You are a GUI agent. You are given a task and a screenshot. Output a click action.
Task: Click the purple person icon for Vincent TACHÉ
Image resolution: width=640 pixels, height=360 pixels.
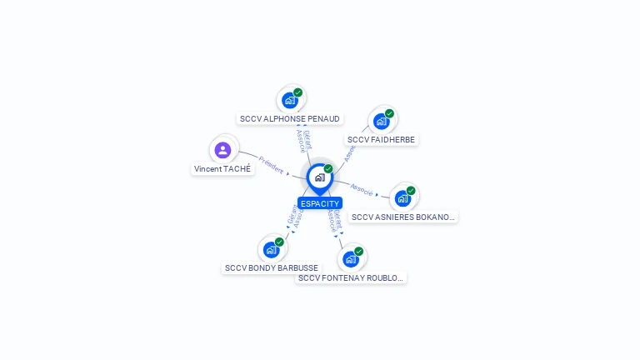point(222,150)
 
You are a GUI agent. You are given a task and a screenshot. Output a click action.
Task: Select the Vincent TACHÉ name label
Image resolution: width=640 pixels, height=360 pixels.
point(222,168)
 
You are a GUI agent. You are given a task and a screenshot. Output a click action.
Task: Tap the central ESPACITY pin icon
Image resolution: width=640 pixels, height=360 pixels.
point(319,177)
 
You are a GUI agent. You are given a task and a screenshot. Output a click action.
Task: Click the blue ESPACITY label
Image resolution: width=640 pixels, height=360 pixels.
point(320,203)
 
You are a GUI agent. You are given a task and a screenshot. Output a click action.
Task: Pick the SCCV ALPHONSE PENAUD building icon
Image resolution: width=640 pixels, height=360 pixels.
point(289,101)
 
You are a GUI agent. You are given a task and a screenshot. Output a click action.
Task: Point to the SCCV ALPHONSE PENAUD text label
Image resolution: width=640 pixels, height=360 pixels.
point(290,119)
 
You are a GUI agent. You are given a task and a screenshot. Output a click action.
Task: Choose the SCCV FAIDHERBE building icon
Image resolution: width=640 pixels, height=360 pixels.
point(381,122)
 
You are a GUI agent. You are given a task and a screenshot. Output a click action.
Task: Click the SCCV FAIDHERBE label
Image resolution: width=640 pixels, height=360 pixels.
point(381,140)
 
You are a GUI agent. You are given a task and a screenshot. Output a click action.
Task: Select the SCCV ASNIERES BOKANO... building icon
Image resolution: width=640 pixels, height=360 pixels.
point(402,198)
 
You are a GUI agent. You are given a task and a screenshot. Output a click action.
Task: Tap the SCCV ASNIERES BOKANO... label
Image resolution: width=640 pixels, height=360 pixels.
point(403,217)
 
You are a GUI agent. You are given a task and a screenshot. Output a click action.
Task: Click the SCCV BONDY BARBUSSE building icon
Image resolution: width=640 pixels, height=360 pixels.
point(271,249)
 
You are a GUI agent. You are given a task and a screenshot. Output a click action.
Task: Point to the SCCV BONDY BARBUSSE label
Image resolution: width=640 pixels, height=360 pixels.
point(271,268)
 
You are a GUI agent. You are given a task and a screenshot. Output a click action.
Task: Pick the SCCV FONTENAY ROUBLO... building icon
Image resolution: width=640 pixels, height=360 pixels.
point(351,259)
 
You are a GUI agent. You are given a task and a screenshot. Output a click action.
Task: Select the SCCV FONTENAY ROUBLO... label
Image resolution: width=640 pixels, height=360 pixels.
point(351,277)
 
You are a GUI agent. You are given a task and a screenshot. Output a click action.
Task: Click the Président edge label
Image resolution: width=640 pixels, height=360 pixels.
point(271,163)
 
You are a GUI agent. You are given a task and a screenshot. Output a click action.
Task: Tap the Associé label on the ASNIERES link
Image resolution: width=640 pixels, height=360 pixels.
point(362,189)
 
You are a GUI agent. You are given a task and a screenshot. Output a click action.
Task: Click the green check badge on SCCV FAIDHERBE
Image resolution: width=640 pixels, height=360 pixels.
point(389,113)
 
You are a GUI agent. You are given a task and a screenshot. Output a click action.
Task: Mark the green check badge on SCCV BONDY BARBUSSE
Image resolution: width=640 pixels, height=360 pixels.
point(279,242)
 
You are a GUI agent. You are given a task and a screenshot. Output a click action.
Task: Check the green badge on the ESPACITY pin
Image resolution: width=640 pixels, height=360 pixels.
point(328,169)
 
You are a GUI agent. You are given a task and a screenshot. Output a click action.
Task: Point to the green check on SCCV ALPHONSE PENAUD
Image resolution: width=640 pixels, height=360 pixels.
point(297,92)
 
